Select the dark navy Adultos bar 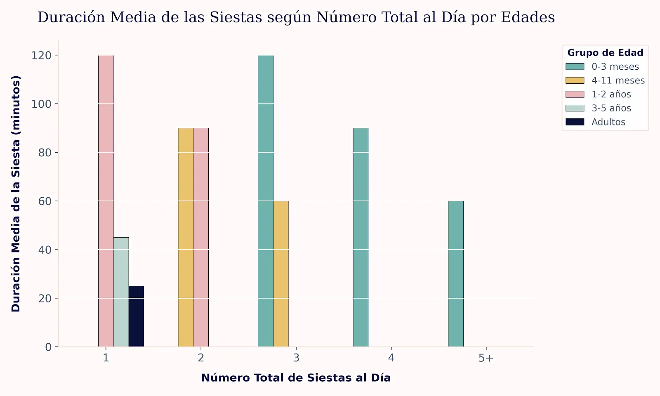click(136, 316)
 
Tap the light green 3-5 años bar click(121, 292)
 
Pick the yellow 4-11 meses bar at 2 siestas click(186, 237)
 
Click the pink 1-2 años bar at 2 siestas click(201, 237)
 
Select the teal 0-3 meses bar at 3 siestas click(266, 201)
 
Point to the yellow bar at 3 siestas click(281, 274)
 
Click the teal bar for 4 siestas click(361, 237)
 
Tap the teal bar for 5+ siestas click(456, 274)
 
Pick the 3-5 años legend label click(611, 108)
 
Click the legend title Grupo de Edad click(605, 53)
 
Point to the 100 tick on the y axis click(41, 104)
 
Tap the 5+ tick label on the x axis click(486, 358)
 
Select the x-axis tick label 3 click(296, 358)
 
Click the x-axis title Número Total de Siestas click(296, 378)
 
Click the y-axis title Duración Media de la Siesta click(16, 193)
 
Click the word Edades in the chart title click(528, 17)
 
